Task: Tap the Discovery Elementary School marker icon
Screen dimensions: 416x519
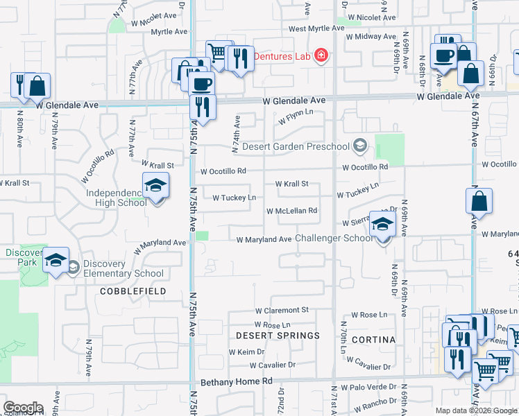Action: [56, 261]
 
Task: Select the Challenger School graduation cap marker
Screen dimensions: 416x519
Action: [382, 225]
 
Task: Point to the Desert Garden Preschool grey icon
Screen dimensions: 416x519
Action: [359, 146]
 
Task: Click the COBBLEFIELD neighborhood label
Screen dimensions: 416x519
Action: [133, 291]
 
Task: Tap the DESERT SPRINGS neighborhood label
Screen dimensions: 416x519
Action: [278, 336]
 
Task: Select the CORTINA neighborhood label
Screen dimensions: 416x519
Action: [373, 340]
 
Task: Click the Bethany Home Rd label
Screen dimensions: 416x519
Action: [237, 382]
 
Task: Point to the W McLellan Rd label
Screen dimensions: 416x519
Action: [292, 211]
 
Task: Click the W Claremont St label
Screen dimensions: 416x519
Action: [281, 311]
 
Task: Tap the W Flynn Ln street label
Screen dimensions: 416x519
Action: [296, 116]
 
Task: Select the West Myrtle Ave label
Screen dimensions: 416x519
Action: [316, 28]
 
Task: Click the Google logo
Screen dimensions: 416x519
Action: [23, 408]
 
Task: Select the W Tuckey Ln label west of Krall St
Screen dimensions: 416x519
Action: [234, 198]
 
